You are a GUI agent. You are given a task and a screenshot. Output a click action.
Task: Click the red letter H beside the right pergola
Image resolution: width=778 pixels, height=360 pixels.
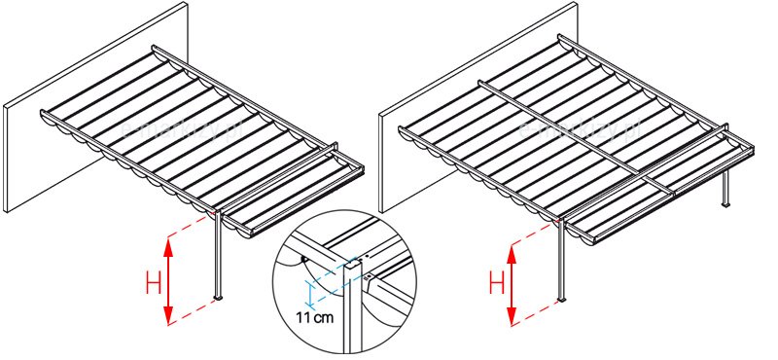[495, 284]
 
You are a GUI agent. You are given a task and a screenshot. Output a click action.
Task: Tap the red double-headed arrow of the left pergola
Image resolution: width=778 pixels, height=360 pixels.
[169, 281]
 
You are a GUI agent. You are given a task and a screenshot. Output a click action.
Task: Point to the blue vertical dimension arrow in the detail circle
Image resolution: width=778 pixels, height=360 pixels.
[307, 291]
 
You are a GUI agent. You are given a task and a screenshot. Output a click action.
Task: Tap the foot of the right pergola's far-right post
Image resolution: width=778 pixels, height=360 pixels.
[725, 206]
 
